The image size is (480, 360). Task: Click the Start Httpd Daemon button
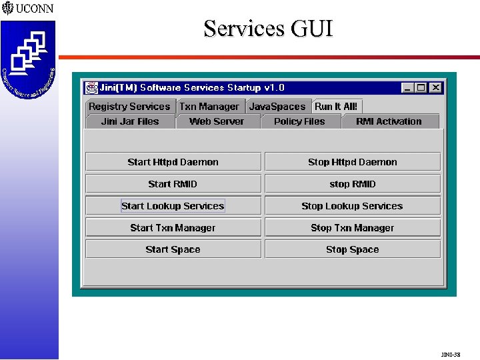click(173, 162)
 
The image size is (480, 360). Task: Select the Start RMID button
click(173, 184)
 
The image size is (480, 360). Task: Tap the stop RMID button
click(353, 184)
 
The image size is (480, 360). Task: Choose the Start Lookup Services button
click(173, 206)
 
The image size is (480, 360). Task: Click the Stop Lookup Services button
click(353, 206)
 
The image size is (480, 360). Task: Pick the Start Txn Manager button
click(173, 228)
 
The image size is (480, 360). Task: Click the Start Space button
click(173, 250)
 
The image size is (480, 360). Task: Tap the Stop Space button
click(353, 250)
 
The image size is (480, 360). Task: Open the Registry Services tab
click(129, 107)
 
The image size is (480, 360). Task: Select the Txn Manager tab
click(209, 107)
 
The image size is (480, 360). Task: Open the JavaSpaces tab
click(277, 107)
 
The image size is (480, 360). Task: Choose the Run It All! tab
click(336, 107)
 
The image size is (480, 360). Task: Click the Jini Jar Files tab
click(130, 121)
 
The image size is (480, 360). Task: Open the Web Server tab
click(217, 121)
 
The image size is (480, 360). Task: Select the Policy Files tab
click(299, 121)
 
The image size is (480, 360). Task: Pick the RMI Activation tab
click(389, 121)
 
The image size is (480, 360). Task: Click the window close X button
click(435, 87)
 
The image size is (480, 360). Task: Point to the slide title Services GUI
click(268, 29)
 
